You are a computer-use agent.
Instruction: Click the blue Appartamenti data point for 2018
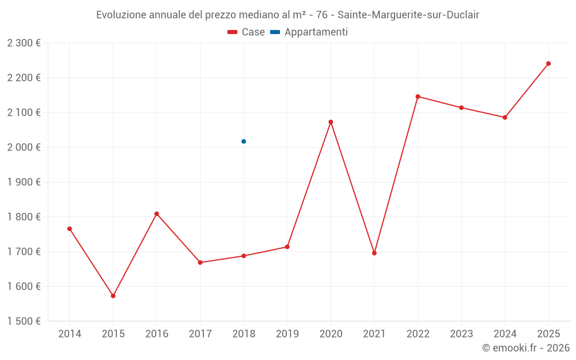coord(244,141)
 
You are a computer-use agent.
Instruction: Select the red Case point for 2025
coord(548,63)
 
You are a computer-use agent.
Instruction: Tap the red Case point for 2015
coord(113,295)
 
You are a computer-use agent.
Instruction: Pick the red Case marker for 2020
coord(331,122)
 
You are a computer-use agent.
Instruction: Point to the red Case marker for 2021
coord(374,253)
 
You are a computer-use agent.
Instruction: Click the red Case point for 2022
coord(418,97)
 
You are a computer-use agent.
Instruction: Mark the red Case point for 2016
coord(157,214)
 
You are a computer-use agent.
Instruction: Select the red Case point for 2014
coord(70,229)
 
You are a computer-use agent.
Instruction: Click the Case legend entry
coord(246,32)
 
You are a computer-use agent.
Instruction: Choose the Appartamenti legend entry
coord(309,32)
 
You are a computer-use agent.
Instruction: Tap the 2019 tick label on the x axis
coord(287,334)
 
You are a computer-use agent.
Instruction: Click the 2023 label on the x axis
coord(461,334)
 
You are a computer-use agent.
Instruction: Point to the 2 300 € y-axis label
coord(24,43)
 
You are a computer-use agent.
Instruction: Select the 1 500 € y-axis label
coord(24,321)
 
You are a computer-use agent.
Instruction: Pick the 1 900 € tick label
coord(24,182)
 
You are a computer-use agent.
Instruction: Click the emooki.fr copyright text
coord(525,348)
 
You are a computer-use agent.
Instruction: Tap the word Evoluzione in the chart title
coord(121,15)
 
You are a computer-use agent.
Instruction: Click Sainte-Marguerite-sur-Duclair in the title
coord(408,15)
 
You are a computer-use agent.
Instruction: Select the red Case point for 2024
coord(505,118)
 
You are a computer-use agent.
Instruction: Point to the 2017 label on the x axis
coord(200,334)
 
